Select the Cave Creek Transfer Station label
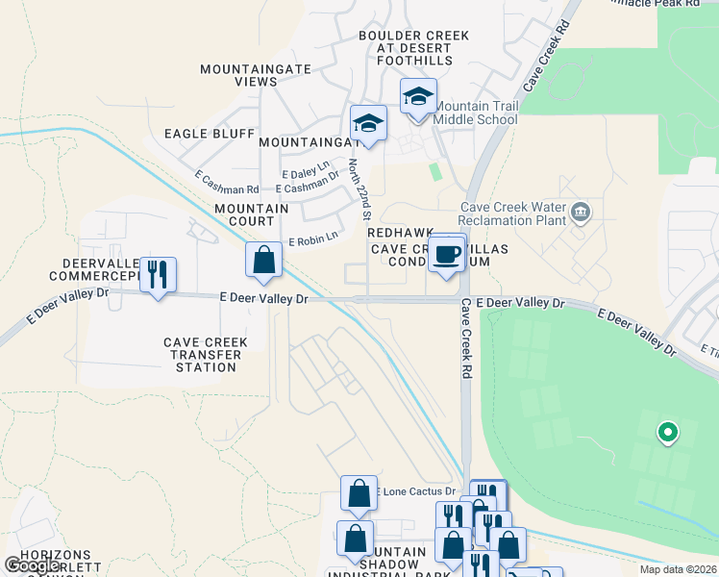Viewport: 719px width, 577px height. [x=205, y=354]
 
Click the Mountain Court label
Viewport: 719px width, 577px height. [x=252, y=214]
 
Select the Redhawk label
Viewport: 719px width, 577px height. [x=393, y=234]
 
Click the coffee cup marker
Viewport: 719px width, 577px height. [x=447, y=255]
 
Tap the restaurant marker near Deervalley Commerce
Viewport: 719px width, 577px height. [x=158, y=274]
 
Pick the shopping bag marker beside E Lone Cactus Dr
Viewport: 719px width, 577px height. [x=359, y=494]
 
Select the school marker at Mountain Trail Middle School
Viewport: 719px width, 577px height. [x=418, y=97]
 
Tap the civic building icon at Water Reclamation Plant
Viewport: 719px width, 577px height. [x=580, y=212]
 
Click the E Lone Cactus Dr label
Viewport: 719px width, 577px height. [x=414, y=491]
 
